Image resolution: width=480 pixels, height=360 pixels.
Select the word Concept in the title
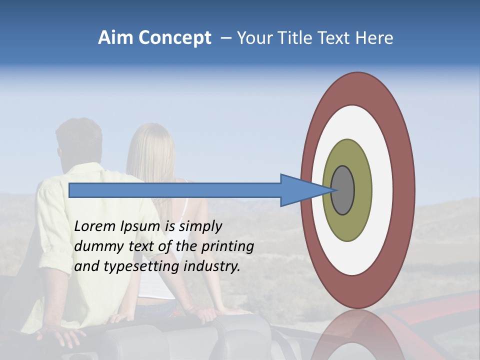coord(175,38)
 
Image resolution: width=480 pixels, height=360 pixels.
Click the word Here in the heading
coord(374,38)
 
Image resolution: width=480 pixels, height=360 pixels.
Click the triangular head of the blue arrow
coord(300,190)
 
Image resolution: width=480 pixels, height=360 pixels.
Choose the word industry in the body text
coord(212,266)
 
